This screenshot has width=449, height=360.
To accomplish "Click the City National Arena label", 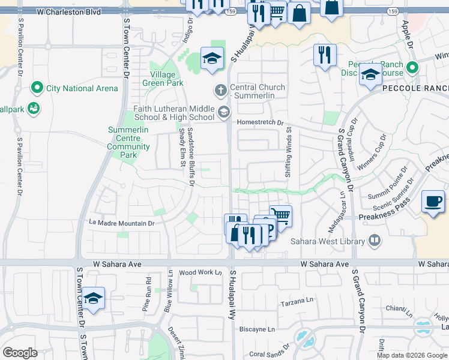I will coord(82,88).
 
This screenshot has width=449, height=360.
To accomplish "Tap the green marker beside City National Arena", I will coord(37,88).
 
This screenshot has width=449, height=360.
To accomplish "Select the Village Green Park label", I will coord(159,79).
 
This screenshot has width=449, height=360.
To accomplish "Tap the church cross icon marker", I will coord(220,91).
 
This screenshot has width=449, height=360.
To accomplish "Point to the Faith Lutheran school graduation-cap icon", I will coord(224,111).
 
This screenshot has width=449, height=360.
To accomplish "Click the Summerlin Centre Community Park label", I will coord(128,142).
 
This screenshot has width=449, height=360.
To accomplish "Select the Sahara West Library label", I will coord(328,241).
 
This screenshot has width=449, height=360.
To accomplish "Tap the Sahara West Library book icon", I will coord(375,241).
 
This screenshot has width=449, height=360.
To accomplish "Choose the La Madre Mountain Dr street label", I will coord(122,223).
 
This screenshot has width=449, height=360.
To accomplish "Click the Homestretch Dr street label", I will coord(260,122).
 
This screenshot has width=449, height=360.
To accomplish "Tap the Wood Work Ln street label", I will coord(200,272).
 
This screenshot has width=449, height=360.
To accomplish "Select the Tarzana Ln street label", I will coord(297,304).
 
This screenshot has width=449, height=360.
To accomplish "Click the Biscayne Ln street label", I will coord(257,329).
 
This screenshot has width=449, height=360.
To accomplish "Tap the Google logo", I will coord(20,353).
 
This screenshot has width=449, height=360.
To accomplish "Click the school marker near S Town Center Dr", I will coord(94,299).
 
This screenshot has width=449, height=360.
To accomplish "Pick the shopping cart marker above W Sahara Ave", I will coord(280,215).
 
